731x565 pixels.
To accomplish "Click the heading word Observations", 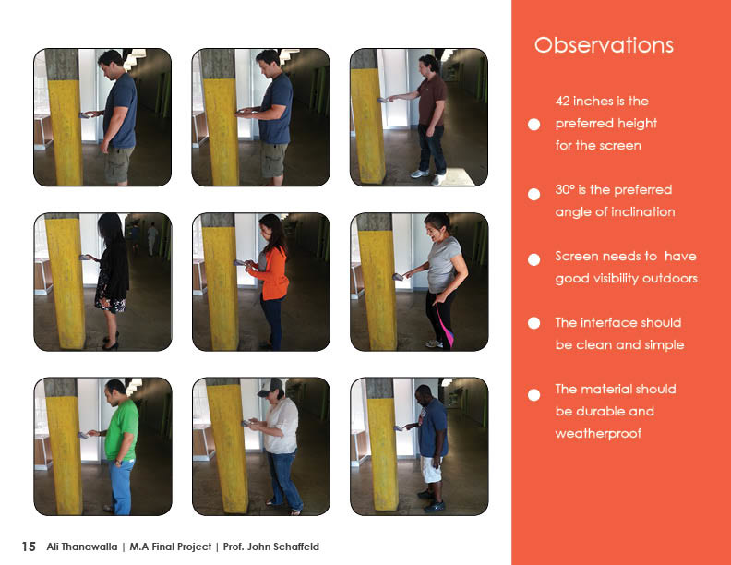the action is (x=604, y=45).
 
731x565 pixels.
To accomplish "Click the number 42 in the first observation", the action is (x=563, y=102).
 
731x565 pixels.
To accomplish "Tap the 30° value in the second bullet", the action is (x=565, y=189).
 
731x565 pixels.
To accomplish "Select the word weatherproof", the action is (x=598, y=434).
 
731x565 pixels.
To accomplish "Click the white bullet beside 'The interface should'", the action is (x=533, y=323).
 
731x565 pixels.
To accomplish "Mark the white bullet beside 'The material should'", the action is (x=533, y=395).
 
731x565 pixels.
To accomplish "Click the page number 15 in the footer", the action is (x=29, y=547).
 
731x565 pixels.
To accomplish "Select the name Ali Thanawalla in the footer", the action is (x=81, y=547).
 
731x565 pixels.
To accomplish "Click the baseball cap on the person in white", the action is (x=270, y=388).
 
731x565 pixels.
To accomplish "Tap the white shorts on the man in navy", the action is (x=432, y=469).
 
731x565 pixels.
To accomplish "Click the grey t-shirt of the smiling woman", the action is (x=444, y=264).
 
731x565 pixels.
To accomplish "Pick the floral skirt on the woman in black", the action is (x=110, y=298).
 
